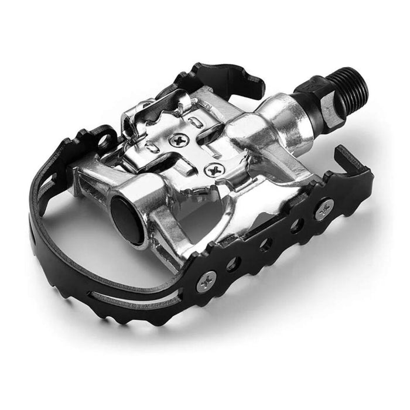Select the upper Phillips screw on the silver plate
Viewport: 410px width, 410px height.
point(175,141)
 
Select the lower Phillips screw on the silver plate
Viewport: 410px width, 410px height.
point(212,170)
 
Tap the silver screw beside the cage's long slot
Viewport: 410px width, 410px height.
point(206,282)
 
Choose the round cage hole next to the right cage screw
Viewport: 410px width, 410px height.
point(297,226)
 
